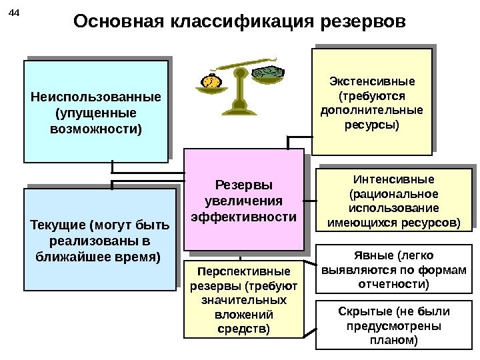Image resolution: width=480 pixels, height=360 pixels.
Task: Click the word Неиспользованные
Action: (96, 97)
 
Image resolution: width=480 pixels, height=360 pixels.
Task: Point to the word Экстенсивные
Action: (372, 82)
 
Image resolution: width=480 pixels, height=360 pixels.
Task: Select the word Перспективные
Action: (245, 272)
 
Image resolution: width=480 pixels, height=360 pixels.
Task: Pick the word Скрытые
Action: (365, 312)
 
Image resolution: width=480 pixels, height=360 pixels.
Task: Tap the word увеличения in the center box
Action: (243, 201)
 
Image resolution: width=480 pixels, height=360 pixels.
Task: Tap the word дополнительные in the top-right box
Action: (372, 110)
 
